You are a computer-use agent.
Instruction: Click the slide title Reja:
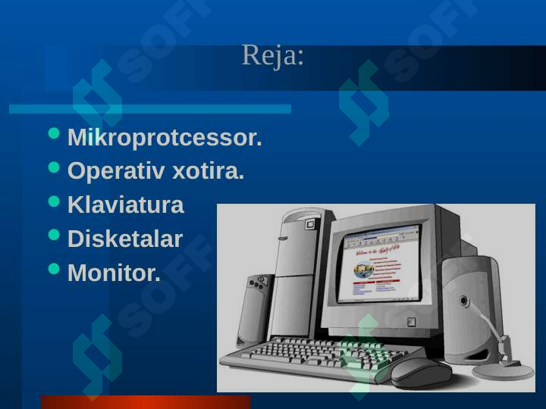[273, 55]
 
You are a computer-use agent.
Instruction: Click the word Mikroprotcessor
[165, 138]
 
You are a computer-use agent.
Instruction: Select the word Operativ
[116, 171]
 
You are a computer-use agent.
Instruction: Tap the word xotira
[209, 171]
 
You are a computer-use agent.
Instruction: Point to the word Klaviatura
[125, 204]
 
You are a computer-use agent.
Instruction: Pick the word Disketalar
[125, 239]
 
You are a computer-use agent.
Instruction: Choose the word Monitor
[114, 273]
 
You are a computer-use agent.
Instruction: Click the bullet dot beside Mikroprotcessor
[54, 133]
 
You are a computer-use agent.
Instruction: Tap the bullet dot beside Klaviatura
[54, 201]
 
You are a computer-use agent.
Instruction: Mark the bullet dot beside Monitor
[54, 269]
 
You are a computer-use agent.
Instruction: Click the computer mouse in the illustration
[421, 373]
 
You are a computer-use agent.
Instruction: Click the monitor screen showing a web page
[380, 265]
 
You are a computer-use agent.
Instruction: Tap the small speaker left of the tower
[255, 311]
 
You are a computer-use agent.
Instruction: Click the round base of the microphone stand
[503, 371]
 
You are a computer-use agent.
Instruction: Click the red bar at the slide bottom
[146, 402]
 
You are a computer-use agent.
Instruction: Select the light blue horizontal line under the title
[150, 109]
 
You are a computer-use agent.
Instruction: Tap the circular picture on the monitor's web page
[363, 270]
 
